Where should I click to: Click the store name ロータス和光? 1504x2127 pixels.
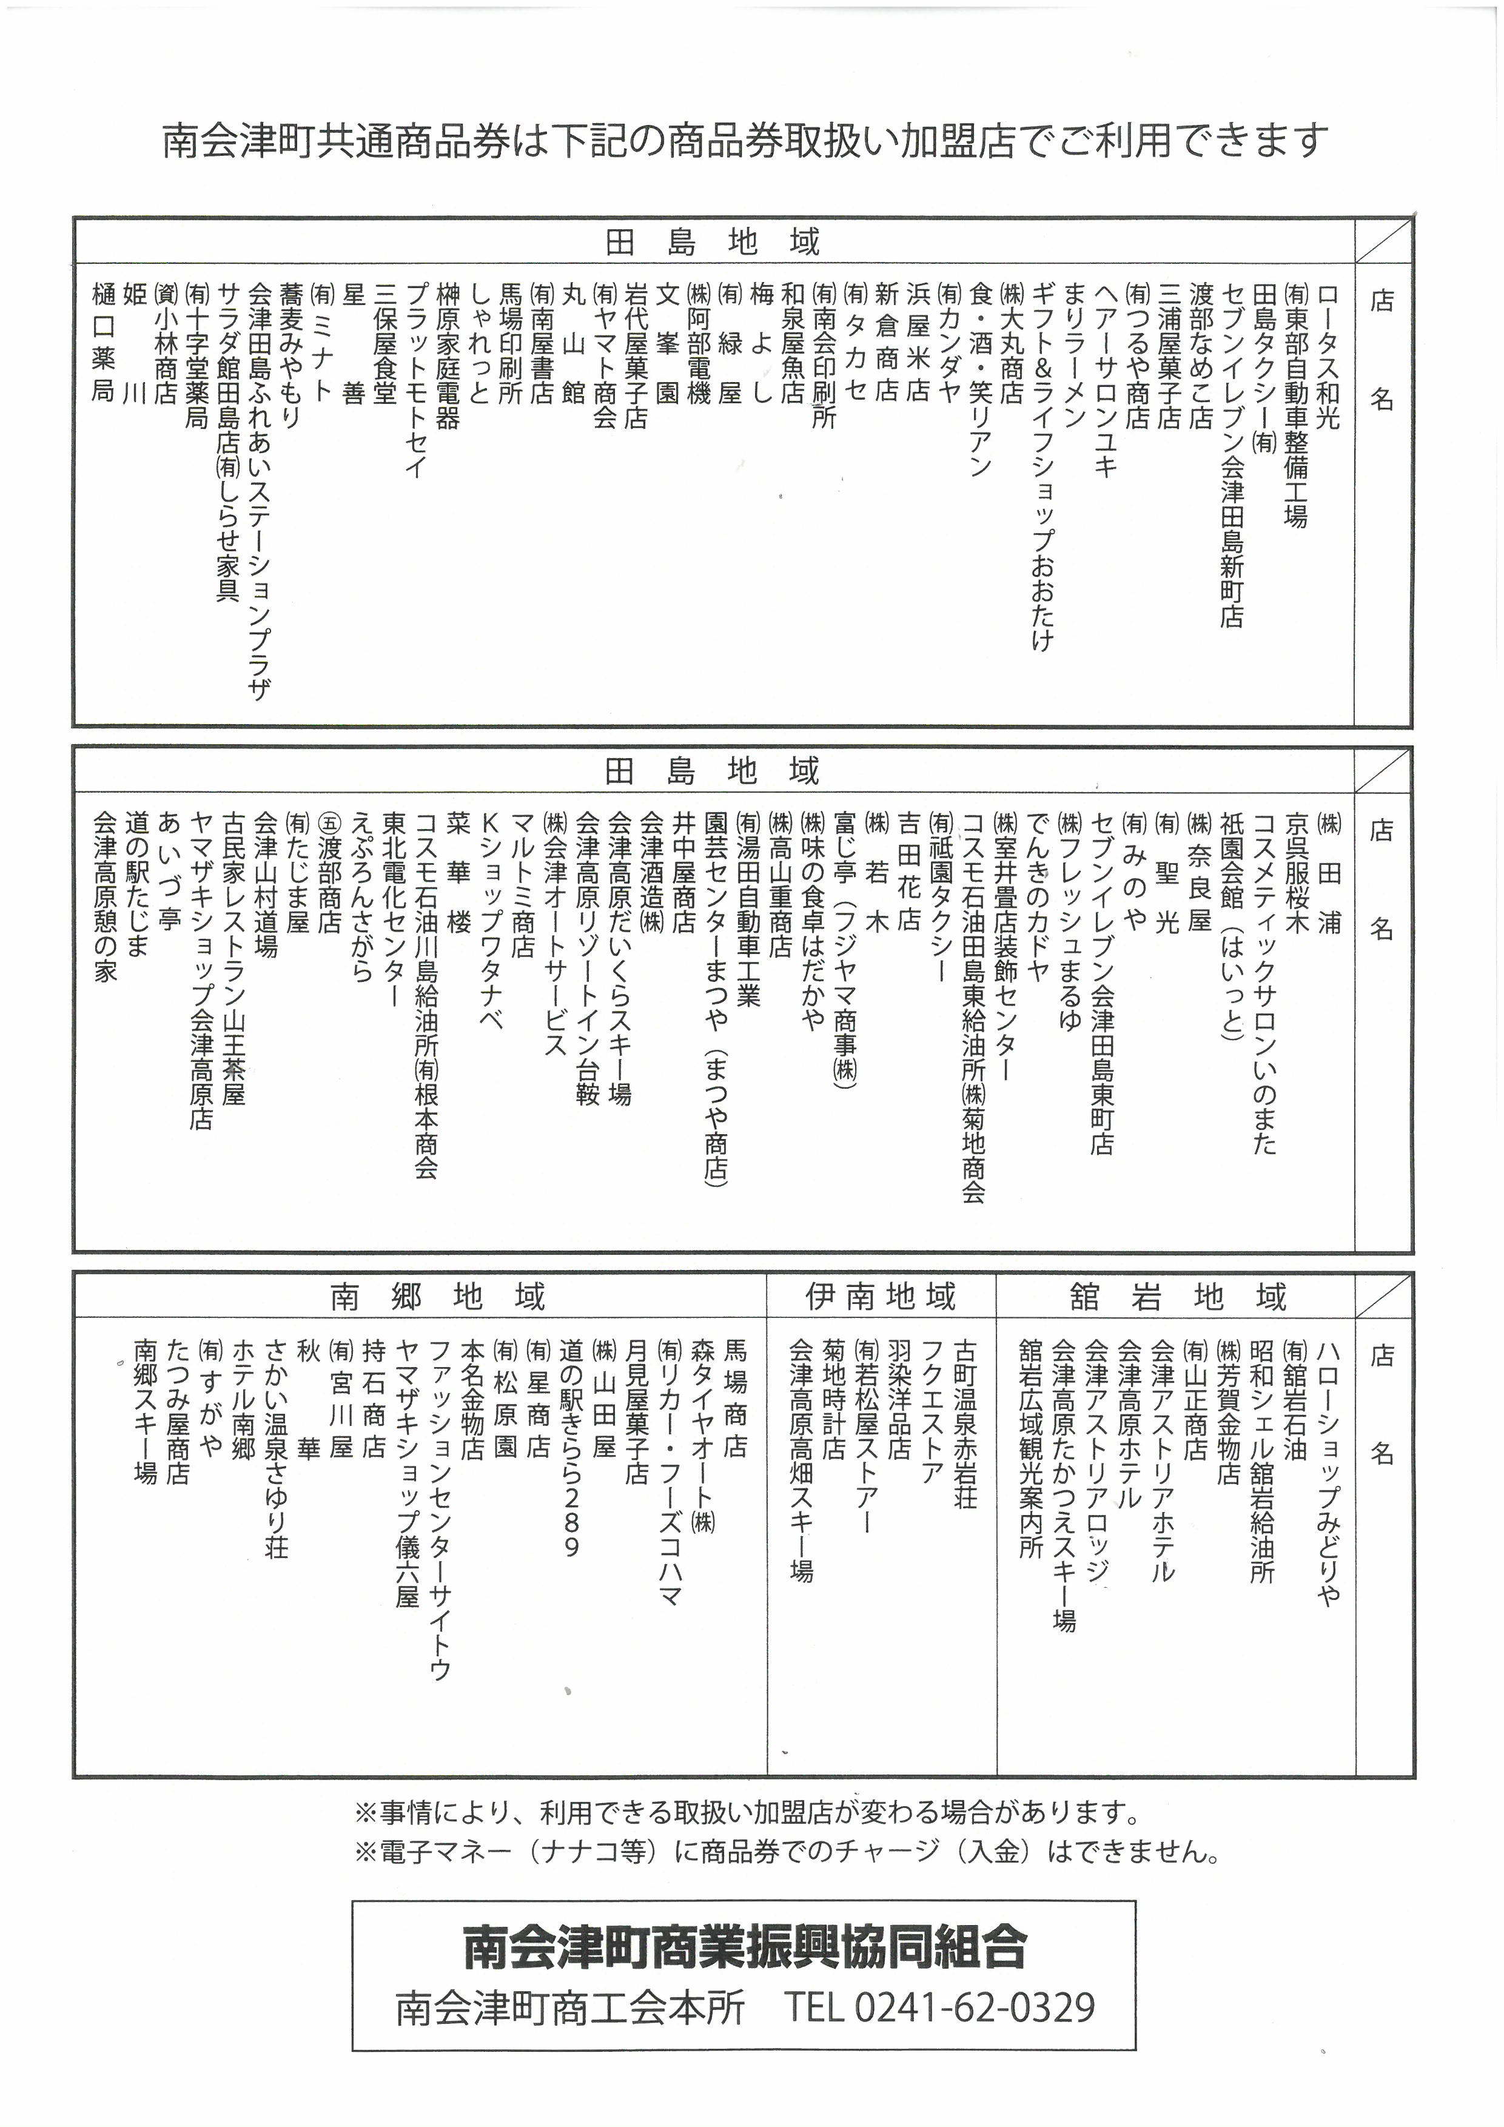1327,357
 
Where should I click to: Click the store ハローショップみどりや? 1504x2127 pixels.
1327,1473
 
